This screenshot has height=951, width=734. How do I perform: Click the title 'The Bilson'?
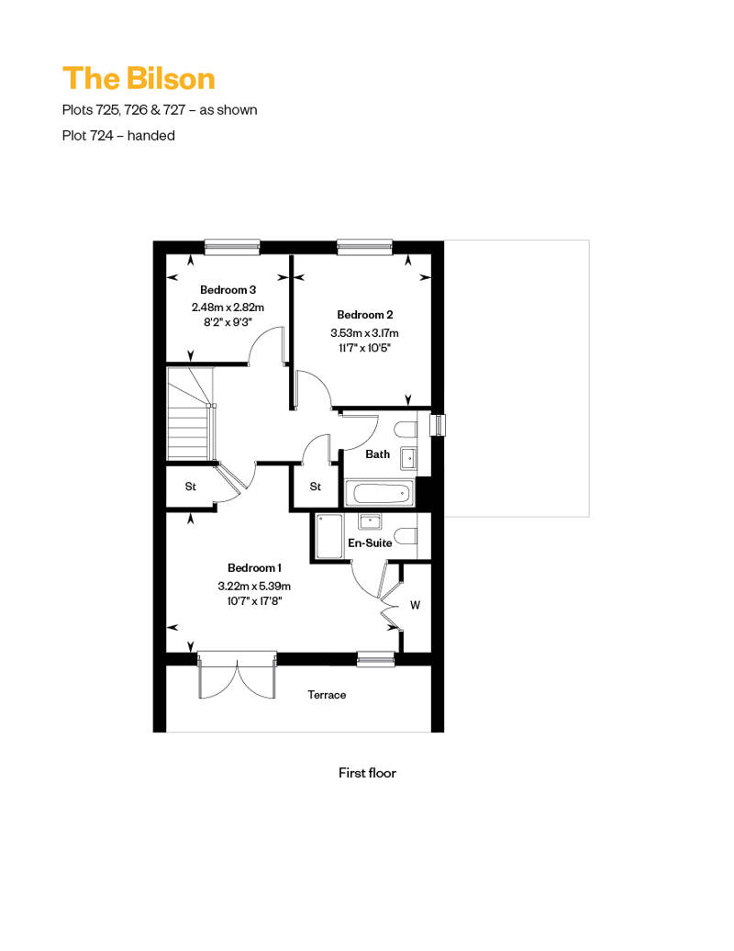(x=139, y=79)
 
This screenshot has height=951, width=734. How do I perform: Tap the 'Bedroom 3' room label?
(x=228, y=290)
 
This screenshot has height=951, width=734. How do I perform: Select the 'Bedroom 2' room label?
(x=365, y=315)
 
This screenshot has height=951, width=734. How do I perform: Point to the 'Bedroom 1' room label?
(x=254, y=567)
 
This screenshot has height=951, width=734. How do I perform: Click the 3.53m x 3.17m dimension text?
(x=364, y=333)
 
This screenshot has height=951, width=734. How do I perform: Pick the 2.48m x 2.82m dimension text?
(x=228, y=308)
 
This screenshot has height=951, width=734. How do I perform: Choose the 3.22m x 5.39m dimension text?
(x=254, y=586)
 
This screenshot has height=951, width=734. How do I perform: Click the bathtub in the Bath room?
(x=380, y=493)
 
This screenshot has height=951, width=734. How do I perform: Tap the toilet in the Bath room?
(x=406, y=430)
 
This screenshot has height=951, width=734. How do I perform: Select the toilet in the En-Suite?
(x=406, y=536)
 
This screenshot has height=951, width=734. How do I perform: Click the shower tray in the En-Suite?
(x=329, y=536)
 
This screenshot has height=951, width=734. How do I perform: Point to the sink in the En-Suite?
(x=370, y=521)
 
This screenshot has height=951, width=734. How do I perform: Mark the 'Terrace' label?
(x=327, y=695)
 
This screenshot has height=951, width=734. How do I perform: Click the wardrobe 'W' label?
(x=416, y=605)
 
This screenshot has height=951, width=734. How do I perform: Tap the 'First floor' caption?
(x=367, y=773)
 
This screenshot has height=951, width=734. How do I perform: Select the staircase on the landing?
(x=191, y=413)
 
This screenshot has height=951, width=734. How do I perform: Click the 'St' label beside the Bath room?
(x=316, y=487)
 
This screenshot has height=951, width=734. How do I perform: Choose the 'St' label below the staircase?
(x=190, y=487)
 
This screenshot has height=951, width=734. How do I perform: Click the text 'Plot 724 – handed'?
(x=118, y=135)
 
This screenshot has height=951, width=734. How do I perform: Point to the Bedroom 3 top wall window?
(x=232, y=246)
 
